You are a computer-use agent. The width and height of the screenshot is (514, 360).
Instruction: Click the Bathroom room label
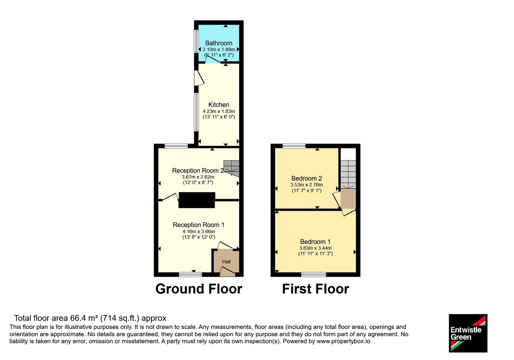point(219,43)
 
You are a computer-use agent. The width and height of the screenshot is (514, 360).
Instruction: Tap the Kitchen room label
point(219,105)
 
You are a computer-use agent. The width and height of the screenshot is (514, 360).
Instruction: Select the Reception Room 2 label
point(198,171)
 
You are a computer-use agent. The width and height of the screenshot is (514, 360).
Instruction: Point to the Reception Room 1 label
point(198,225)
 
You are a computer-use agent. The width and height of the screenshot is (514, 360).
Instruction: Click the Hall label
point(226,262)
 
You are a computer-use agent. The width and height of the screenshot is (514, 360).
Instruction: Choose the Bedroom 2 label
point(306,178)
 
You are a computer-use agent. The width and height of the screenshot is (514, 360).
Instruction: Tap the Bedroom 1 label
point(315,241)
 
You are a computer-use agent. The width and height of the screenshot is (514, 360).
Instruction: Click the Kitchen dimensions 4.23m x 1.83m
point(219,111)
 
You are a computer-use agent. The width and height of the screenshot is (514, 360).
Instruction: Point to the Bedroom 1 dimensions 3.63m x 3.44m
point(315,248)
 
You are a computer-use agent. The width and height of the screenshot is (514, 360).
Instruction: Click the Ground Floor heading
point(199,289)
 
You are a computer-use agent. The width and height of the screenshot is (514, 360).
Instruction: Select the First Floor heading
point(315,289)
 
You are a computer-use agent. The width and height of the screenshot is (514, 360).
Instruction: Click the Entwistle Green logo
point(468,333)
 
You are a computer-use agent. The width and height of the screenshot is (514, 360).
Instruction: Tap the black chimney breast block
point(197,200)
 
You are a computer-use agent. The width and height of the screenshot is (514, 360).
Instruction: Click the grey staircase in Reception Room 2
point(232,168)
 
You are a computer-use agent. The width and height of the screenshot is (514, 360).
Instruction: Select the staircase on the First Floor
point(348,175)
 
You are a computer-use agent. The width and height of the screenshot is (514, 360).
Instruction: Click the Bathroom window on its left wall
point(196,41)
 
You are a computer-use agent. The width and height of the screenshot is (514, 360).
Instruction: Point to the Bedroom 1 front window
point(314,274)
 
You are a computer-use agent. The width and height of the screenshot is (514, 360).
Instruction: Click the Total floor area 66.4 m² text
point(90,318)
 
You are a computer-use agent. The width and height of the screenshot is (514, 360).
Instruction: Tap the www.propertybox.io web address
point(343,341)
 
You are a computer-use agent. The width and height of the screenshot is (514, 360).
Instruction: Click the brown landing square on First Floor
point(348,199)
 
